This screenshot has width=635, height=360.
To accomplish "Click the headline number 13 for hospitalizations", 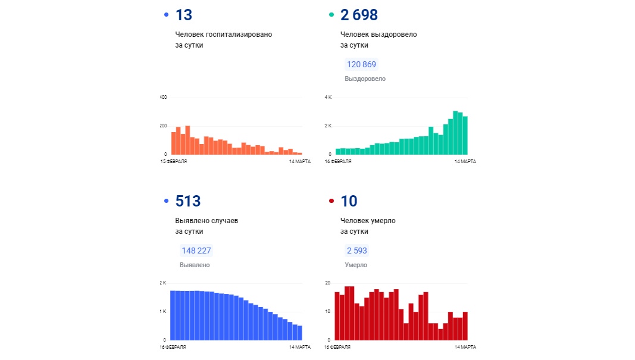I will pos(183,15).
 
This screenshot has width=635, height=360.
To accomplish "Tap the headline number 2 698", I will pos(359,15).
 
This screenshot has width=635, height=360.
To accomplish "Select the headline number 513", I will pos(187,201).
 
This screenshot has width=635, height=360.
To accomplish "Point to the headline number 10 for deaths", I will pos(349,201).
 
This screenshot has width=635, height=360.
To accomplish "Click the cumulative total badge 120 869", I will pos(362,64).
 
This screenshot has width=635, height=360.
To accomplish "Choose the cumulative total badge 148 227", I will pos(196,251).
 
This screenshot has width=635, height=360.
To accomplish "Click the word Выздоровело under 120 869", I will pos(365,79).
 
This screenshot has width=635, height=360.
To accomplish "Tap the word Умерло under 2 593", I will pos(356,265).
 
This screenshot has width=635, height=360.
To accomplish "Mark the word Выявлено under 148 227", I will pos(195,265).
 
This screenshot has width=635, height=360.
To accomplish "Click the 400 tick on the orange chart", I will pos(164,97).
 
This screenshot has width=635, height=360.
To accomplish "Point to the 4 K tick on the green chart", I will pos(327,97).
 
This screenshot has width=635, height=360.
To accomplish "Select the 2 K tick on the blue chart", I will pos(163,283).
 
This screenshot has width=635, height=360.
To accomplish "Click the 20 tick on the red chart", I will pos(327,283).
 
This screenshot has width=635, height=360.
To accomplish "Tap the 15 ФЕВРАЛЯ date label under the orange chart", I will pos(173,161).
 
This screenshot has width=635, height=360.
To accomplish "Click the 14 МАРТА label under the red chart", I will pos(465,347).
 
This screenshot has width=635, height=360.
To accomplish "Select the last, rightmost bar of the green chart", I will pos(465,135).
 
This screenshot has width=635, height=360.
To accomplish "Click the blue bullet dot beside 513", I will pos(166,201).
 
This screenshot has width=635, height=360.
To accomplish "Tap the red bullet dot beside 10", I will pos(331,201).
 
